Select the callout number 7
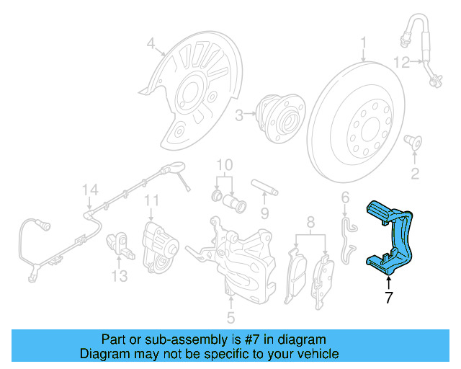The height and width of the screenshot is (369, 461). tap(389, 298)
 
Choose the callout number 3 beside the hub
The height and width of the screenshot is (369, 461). tap(239, 113)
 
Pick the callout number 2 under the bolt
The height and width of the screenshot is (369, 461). tap(414, 172)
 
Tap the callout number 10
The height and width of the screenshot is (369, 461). tap(225, 164)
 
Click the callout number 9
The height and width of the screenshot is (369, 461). tap(264, 213)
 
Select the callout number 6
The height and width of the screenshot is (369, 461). tap(344, 196)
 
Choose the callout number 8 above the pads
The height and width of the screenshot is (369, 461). tap(311, 221)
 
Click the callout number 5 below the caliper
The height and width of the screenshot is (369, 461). tap(230, 316)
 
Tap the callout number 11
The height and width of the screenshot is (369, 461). tap(151, 200)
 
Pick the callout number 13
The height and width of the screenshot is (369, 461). tap(119, 275)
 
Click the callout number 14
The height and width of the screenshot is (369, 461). tap(89, 190)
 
